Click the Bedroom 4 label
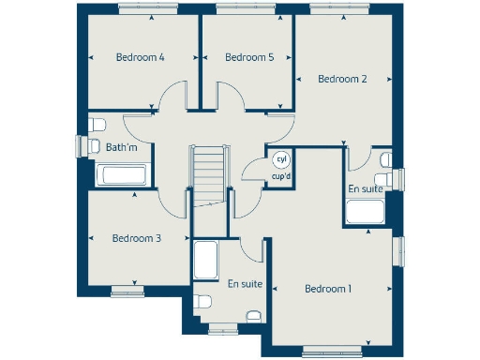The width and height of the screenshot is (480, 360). [x=141, y=57]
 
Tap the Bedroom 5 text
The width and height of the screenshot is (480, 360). [x=249, y=57]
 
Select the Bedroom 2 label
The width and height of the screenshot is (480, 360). [x=342, y=79]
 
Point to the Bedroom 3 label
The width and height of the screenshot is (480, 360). [x=137, y=238]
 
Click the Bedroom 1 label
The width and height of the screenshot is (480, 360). [x=328, y=289]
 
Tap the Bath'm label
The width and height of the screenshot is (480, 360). [x=122, y=147]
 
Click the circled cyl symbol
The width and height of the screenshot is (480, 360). [x=279, y=160]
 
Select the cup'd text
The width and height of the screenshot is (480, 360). [x=280, y=176]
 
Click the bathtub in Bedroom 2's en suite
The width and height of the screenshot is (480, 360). [x=366, y=212]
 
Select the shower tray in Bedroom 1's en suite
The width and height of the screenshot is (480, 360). [x=205, y=259]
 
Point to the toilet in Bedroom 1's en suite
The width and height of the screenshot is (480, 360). [x=203, y=304]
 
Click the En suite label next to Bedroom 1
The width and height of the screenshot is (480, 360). [x=243, y=283]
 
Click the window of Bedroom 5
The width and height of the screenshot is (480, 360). [x=247, y=9]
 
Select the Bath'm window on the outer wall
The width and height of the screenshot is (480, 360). [x=80, y=147]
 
